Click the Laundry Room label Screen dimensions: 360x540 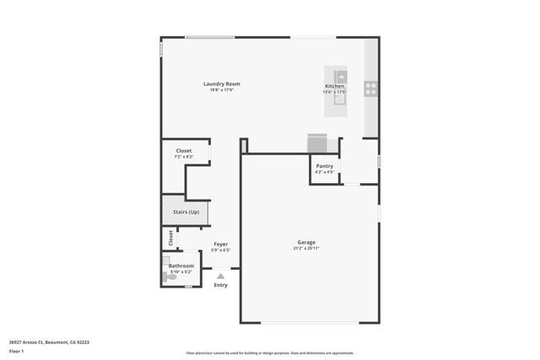coord(222,83)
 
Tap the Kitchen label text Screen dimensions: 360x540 coord(335,87)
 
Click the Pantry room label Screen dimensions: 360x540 coord(325,166)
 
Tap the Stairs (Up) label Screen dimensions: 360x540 coord(186,212)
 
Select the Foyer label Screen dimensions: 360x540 coord(220,244)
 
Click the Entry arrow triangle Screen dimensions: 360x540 coord(220,275)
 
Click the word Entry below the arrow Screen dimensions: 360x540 coord(220,285)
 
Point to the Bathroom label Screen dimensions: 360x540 coord(181,266)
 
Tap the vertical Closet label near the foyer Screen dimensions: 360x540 coord(171,238)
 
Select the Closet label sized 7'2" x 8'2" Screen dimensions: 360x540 coord(183,151)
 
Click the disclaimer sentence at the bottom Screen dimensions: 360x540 coord(270,353)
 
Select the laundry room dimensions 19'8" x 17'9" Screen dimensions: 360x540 coord(222,89)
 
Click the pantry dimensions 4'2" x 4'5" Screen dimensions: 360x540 coord(325,172)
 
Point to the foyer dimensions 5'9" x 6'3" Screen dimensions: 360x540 coord(220,250)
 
